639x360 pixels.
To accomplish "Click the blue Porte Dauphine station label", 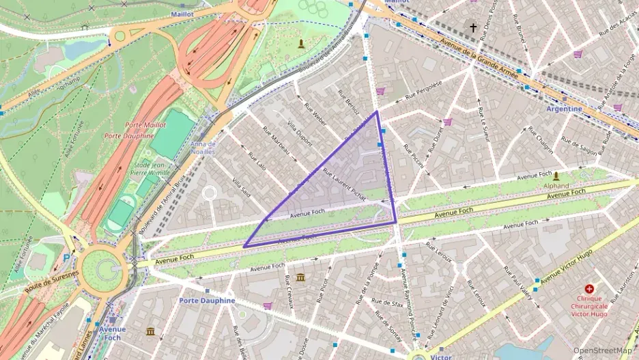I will click(207, 301).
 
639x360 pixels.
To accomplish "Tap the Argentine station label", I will click(564, 109).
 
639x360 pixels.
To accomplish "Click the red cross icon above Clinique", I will click(589, 290).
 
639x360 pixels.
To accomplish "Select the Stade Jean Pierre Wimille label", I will click(152, 169).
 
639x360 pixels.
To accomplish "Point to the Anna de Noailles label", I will click(203, 148).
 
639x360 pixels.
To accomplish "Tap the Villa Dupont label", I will click(299, 137).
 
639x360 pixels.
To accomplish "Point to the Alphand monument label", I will click(556, 185).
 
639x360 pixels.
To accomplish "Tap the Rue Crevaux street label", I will click(289, 292).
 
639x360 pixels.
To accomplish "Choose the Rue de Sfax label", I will click(387, 304).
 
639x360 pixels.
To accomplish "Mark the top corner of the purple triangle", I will click(377, 111).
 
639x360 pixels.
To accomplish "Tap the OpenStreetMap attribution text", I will click(602, 350).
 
